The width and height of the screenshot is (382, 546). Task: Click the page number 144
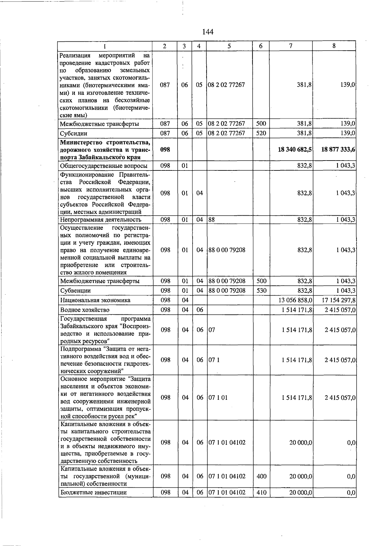coord(208,32)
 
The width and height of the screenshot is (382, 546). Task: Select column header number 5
coord(229,46)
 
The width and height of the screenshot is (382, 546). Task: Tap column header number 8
coord(334,46)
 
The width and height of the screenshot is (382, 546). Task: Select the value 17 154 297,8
coord(339,300)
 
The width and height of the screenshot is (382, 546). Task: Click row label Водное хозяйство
coord(85,310)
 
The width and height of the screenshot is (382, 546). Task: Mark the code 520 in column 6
coord(261,133)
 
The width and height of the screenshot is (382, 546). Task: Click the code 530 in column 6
coord(261,291)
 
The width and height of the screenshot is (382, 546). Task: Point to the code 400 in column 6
coord(261,476)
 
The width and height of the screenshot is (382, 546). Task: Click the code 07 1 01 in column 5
coord(218,398)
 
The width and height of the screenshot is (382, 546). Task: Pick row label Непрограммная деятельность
coord(101,220)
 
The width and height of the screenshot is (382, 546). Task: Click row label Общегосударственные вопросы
coord(104,166)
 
